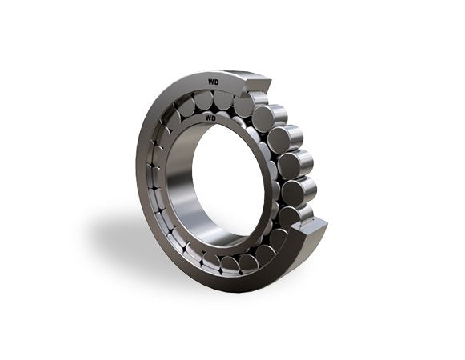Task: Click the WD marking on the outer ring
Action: [x=213, y=82]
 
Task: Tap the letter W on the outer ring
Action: [x=210, y=82]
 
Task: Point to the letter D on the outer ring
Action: [x=216, y=82]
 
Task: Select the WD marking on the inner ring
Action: [x=210, y=118]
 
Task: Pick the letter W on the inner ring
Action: [x=208, y=118]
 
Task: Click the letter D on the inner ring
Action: [x=214, y=118]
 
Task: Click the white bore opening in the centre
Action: [x=228, y=181]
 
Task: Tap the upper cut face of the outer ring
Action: [x=257, y=86]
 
